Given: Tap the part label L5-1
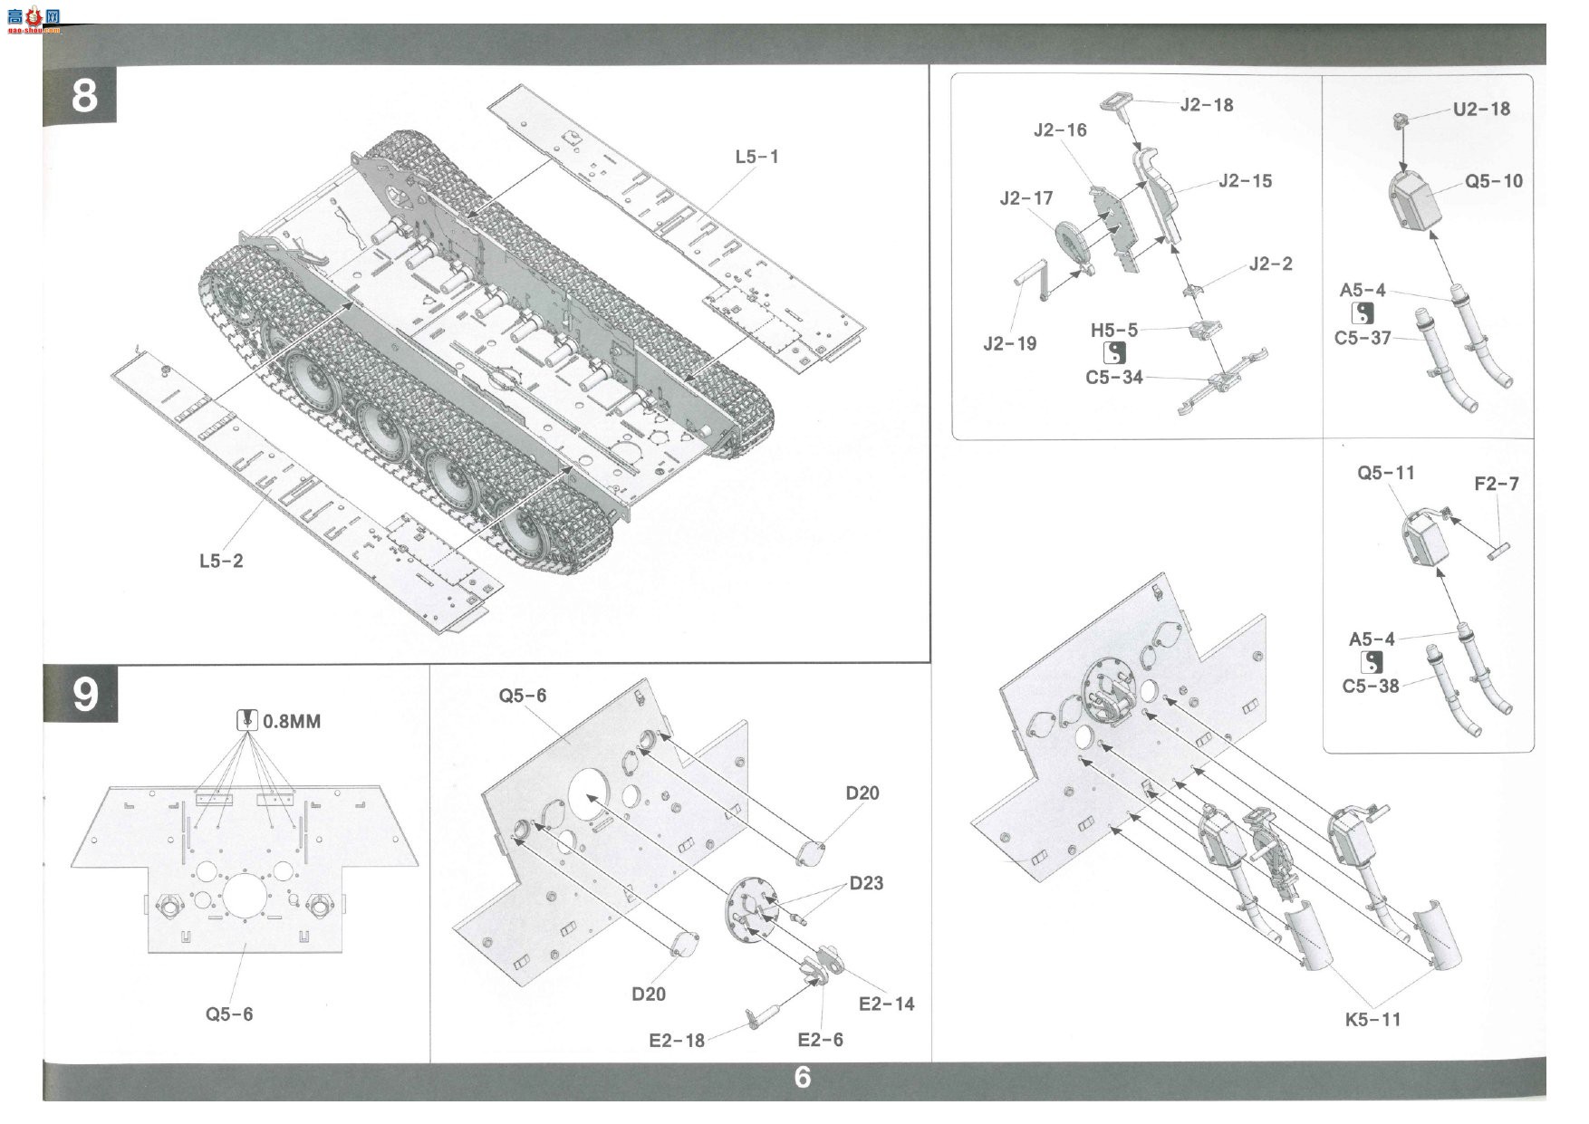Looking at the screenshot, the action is (x=756, y=157).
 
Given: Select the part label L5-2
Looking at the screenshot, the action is (x=221, y=561).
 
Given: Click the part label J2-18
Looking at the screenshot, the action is (x=1207, y=105).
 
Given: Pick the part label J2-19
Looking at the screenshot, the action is (x=1009, y=343).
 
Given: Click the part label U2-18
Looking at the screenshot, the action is (x=1481, y=109).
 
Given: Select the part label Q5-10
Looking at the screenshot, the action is (x=1494, y=181).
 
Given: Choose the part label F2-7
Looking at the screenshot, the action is (x=1496, y=484).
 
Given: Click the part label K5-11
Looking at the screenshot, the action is (x=1372, y=1019).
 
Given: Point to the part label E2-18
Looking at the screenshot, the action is (x=676, y=1041).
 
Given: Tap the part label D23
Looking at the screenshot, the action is (x=866, y=883).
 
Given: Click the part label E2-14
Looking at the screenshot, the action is (x=886, y=1004).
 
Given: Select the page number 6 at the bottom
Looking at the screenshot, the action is (x=803, y=1077).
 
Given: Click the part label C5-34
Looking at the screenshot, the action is (x=1113, y=377).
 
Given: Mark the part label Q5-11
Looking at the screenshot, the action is (x=1385, y=473).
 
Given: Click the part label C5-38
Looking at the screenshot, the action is (x=1371, y=686).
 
